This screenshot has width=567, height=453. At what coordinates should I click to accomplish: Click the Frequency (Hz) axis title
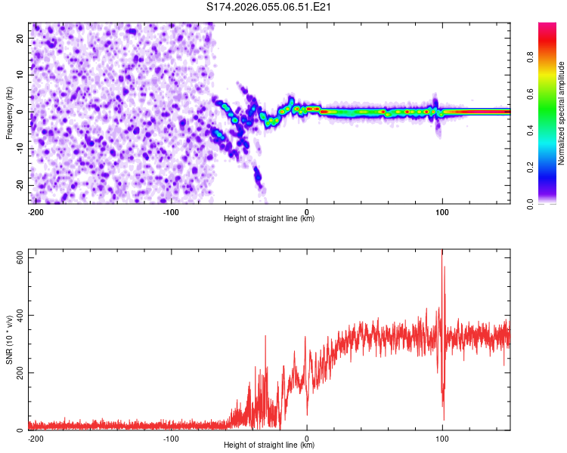[x=9, y=112]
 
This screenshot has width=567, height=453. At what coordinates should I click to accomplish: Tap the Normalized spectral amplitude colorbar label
[x=562, y=113]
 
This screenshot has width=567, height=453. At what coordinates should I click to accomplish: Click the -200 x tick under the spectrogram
[x=36, y=211]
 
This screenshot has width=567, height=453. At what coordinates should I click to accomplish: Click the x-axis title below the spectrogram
[x=269, y=219]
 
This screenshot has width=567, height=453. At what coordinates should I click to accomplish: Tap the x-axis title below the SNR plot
[x=269, y=445]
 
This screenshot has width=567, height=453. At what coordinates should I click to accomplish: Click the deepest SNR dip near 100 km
[x=443, y=419]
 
